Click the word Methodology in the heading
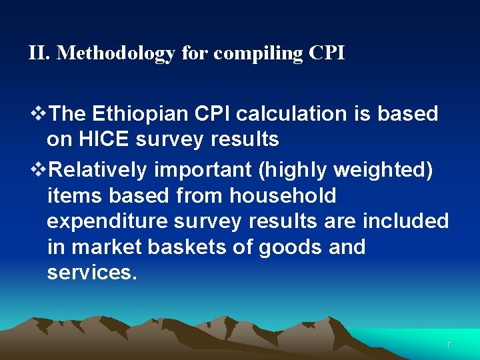click(x=117, y=53)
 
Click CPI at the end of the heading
click(x=327, y=53)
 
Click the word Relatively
click(x=98, y=170)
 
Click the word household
click(x=283, y=196)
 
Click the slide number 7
click(x=449, y=345)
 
